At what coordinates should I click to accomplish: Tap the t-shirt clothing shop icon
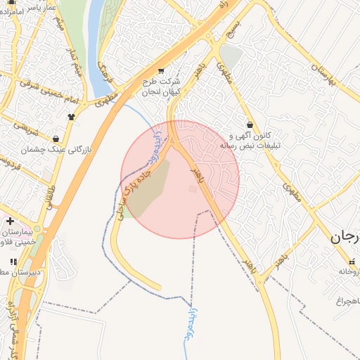70,117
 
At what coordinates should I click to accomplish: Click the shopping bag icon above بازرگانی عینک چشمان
56,139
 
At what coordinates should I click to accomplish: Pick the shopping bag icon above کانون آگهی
250,124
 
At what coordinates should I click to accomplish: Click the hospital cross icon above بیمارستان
10,221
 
